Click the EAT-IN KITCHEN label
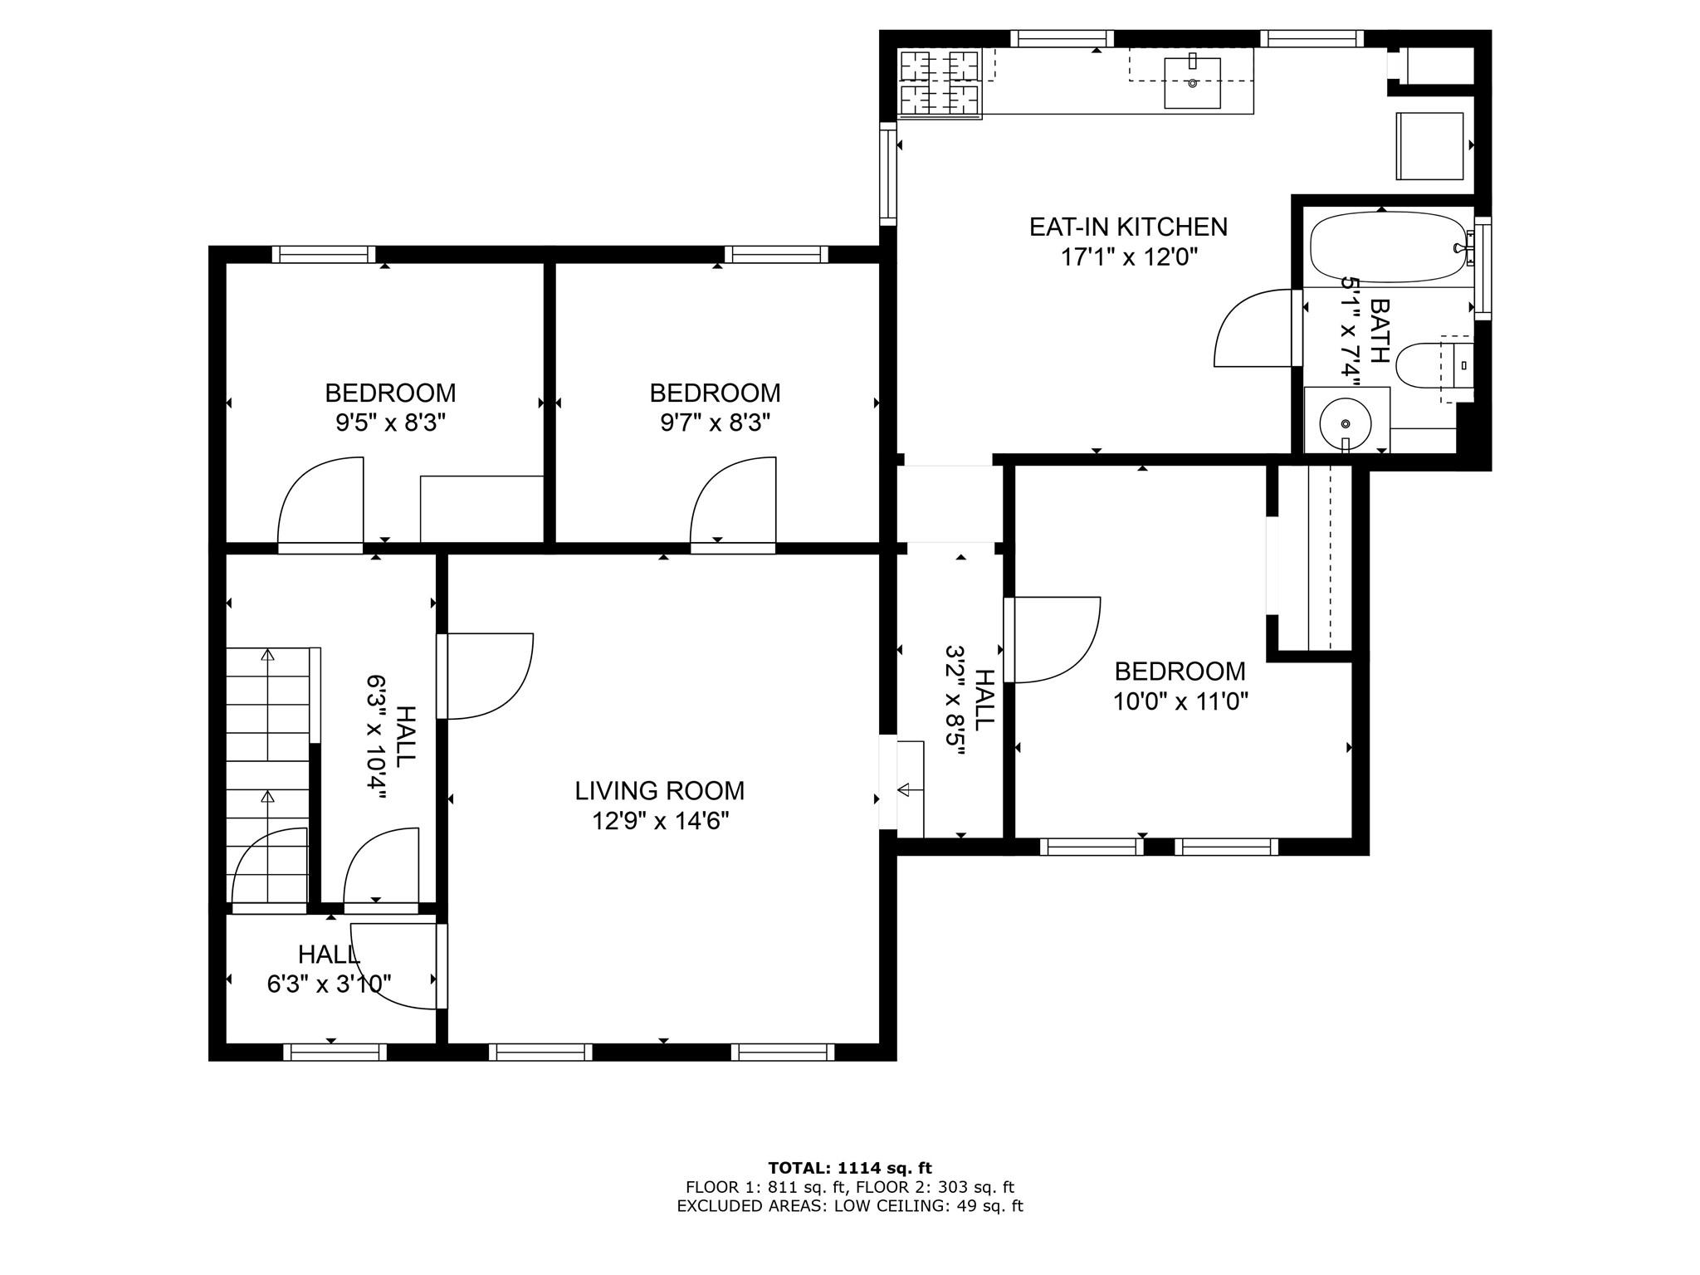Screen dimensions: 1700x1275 pos(1128,227)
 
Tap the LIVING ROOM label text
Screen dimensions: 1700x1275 pos(660,790)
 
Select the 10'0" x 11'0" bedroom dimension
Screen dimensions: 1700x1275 pos(1180,702)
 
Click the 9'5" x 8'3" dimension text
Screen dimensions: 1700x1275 pos(390,423)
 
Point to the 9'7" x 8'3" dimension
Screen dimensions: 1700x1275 pos(715,423)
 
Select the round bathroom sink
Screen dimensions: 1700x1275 pos(1346,423)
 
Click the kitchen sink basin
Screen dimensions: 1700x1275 pos(1192,83)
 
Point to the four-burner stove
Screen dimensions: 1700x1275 pos(940,83)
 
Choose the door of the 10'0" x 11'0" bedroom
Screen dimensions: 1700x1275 pos(1052,639)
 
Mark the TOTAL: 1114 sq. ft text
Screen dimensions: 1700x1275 pos(850,1169)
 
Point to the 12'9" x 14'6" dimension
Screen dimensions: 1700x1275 pos(661,821)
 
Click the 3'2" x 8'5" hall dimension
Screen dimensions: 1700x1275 pos(955,701)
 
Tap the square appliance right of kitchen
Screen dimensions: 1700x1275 pos(1429,146)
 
